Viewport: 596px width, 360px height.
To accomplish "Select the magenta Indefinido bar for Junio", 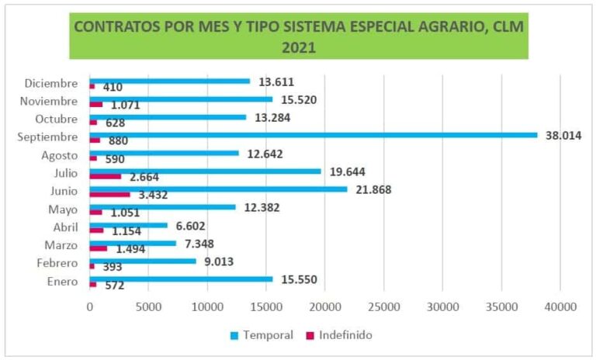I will (110, 194).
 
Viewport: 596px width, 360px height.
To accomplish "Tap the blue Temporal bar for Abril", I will (129, 225).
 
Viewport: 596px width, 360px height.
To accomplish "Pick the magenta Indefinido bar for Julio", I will (106, 176).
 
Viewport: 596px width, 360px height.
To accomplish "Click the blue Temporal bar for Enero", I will (182, 279).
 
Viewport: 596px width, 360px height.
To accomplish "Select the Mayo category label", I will (63, 209).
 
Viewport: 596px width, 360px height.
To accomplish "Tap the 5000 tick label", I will (148, 306).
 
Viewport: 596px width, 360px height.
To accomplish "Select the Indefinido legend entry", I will (345, 335).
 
